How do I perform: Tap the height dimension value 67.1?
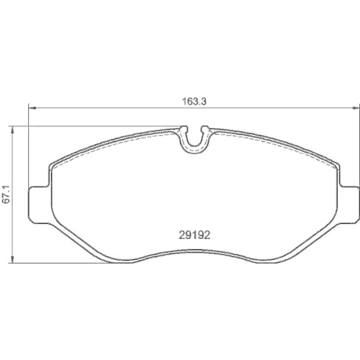click(9, 195)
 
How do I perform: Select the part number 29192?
click(193, 233)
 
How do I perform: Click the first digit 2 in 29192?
click(180, 233)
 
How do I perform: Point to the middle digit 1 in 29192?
click(193, 233)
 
